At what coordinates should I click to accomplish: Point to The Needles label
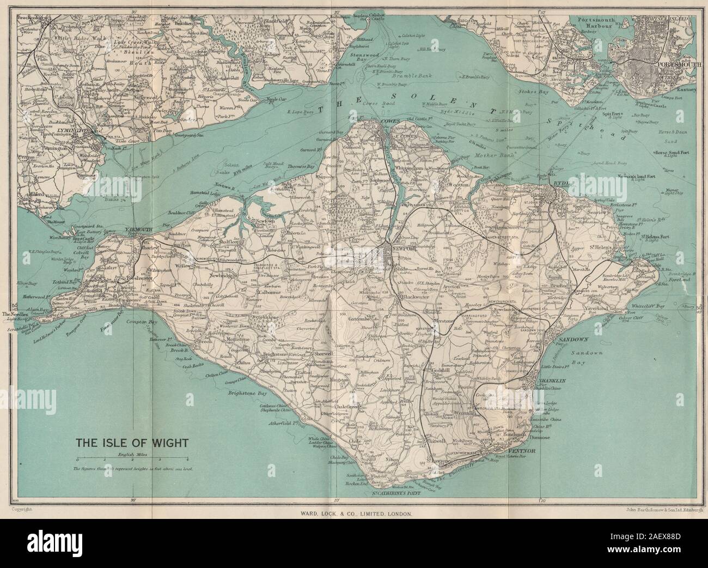pos(17,315)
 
